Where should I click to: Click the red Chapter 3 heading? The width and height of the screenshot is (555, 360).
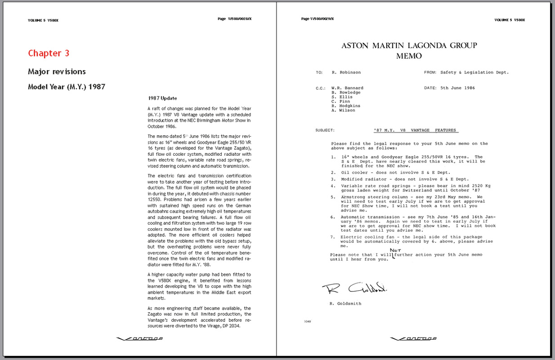tap(49, 53)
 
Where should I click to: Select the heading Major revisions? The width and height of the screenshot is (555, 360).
tap(57, 72)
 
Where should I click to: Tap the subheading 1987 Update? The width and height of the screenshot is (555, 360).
tap(162, 98)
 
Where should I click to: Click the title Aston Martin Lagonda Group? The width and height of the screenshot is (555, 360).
tap(409, 45)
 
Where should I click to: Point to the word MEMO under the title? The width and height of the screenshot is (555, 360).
tap(409, 56)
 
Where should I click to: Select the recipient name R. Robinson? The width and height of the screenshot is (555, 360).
tap(346, 72)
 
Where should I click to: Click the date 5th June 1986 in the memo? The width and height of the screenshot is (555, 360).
tap(457, 88)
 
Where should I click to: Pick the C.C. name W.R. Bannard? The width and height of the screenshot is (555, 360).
tap(347, 88)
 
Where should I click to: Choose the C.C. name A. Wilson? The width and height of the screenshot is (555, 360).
tap(343, 110)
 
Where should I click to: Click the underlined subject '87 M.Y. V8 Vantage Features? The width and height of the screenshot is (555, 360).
tap(416, 130)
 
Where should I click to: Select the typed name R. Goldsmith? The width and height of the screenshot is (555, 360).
tap(345, 304)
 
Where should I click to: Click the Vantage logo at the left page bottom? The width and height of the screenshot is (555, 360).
tap(139, 338)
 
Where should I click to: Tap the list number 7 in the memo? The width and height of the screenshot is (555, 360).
tap(333, 237)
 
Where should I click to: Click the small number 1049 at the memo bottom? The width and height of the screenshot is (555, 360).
tap(307, 321)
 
